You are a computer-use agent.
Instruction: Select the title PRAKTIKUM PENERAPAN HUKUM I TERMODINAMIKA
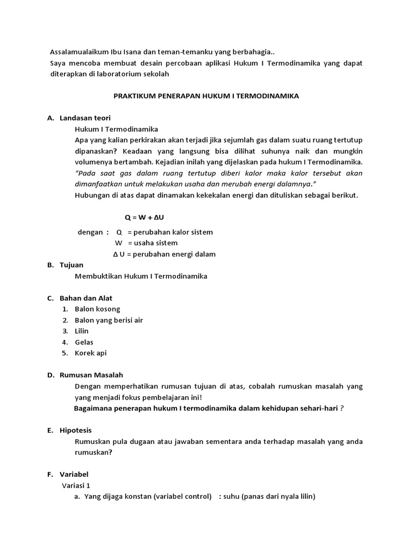pyautogui.click(x=206, y=96)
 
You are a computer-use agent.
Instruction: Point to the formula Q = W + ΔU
pyautogui.click(x=145, y=217)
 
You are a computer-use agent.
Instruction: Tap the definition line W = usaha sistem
pyautogui.click(x=146, y=243)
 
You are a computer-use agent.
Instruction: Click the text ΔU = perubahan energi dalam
pyautogui.click(x=164, y=254)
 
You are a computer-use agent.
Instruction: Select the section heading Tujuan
pyautogui.click(x=72, y=265)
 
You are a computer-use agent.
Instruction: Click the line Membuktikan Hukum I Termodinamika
pyautogui.click(x=141, y=276)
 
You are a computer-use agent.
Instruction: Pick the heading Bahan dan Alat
pyautogui.click(x=86, y=298)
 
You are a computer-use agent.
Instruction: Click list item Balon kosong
pyautogui.click(x=97, y=309)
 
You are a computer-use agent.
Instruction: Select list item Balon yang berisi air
pyautogui.click(x=109, y=320)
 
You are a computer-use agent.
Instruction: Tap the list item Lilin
pyautogui.click(x=82, y=331)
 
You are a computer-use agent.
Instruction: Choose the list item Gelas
pyautogui.click(x=84, y=342)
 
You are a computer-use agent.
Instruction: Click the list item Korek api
pyautogui.click(x=91, y=353)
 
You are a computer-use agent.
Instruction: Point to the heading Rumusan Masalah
pyautogui.click(x=91, y=375)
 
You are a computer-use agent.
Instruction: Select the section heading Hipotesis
pyautogui.click(x=75, y=430)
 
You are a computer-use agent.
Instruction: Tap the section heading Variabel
pyautogui.click(x=74, y=474)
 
